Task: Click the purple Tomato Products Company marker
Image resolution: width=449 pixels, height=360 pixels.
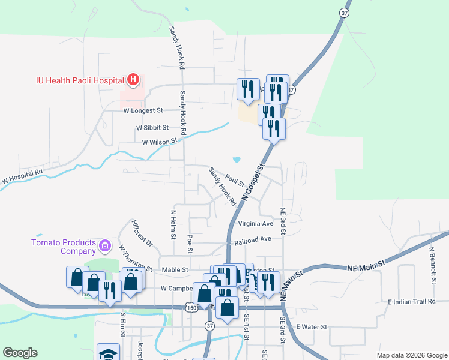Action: pos(105,245)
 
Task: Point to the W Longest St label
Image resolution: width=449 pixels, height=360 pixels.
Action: pos(143,110)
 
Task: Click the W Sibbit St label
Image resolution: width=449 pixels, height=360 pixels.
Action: pos(152,128)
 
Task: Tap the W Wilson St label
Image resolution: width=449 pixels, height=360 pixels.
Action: pos(160,142)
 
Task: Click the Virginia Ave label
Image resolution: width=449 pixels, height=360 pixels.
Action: pos(255,224)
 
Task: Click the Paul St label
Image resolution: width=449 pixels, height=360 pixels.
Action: pos(235,180)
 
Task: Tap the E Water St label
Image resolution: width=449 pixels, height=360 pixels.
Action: pos(311,327)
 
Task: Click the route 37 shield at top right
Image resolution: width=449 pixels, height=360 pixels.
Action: pos(343,12)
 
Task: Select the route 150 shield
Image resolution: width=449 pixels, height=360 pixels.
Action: pos(191,308)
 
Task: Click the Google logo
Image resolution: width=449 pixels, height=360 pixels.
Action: pos(20,353)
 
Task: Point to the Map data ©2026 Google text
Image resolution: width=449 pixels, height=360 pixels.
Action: pos(412,355)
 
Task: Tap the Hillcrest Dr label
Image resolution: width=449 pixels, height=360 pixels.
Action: pos(142,233)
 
